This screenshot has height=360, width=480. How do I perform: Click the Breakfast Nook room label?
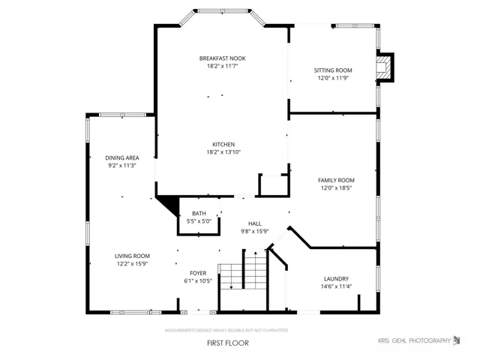pyautogui.click(x=223, y=58)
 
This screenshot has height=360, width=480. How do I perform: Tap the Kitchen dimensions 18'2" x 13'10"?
pyautogui.click(x=223, y=152)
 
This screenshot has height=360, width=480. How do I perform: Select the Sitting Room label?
pyautogui.click(x=333, y=70)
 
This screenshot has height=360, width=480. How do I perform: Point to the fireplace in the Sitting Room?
pyautogui.click(x=385, y=67)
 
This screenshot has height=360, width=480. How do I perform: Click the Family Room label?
pyautogui.click(x=336, y=180)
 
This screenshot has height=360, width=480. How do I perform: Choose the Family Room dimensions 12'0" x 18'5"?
pyautogui.click(x=336, y=188)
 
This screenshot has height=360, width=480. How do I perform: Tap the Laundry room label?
pyautogui.click(x=336, y=279)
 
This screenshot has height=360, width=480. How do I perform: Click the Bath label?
pyautogui.click(x=199, y=213)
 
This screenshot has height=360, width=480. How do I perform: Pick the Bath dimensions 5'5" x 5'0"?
pyautogui.click(x=199, y=221)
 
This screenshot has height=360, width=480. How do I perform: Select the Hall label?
pyautogui.click(x=255, y=223)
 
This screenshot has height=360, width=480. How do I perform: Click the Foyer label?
pyautogui.click(x=198, y=273)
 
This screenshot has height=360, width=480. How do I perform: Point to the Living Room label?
pyautogui.click(x=132, y=256)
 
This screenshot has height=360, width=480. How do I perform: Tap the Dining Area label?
pyautogui.click(x=122, y=158)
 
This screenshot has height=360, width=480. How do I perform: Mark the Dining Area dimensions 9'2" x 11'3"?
pyautogui.click(x=122, y=166)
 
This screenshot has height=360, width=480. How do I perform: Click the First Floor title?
pyautogui.click(x=228, y=343)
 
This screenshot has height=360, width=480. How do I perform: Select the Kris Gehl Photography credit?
pyautogui.click(x=415, y=340)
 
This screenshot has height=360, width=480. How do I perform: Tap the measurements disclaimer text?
pyautogui.click(x=226, y=330)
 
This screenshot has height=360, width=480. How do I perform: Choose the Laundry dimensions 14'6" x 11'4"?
pyautogui.click(x=336, y=286)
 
